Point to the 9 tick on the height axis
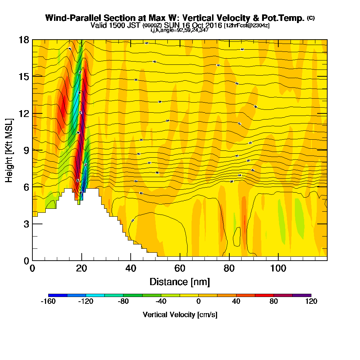(x=26, y=150)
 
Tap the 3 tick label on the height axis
(x=26, y=224)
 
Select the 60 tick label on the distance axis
(x=180, y=268)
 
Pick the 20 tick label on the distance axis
(x=82, y=268)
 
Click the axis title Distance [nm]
(x=180, y=282)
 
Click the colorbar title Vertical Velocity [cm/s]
(x=180, y=315)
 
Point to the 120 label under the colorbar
(x=311, y=302)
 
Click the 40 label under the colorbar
(x=236, y=302)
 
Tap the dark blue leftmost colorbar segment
(x=58, y=295)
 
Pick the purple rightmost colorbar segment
(x=302, y=295)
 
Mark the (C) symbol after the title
(x=311, y=18)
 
